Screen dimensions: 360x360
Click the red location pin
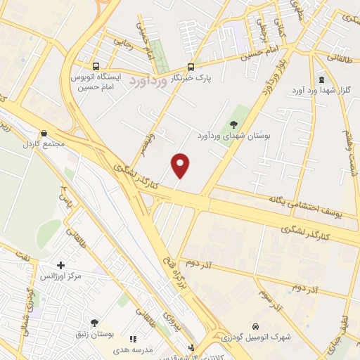[181, 165]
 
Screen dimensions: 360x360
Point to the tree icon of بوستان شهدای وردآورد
[244, 124]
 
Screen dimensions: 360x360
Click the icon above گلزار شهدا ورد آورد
[322, 80]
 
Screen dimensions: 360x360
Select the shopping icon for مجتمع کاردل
[45, 132]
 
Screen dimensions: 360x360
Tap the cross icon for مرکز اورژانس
[60, 266]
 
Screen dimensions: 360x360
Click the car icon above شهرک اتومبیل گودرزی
[256, 326]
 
